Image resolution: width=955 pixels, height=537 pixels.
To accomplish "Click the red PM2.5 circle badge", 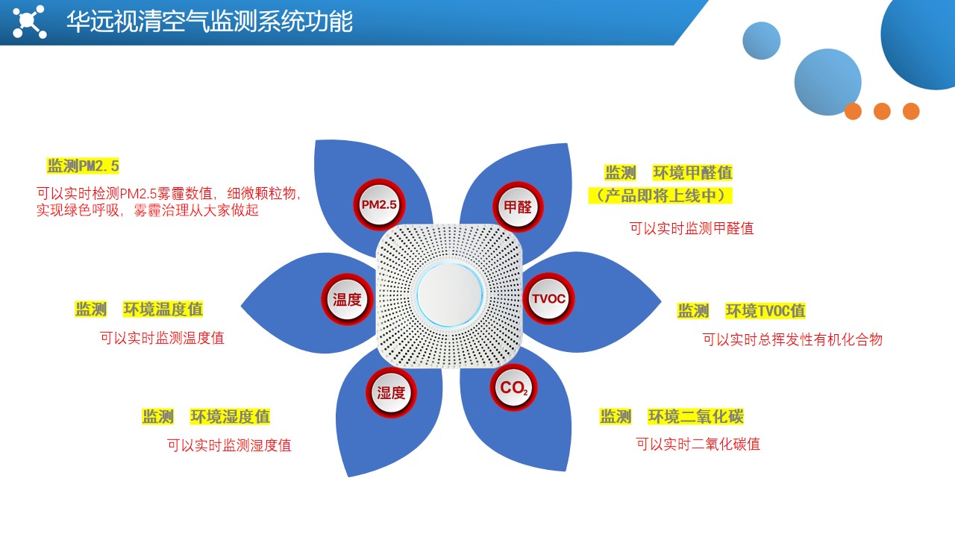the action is pyautogui.click(x=379, y=205).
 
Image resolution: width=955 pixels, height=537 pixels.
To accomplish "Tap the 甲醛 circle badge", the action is pyautogui.click(x=518, y=207).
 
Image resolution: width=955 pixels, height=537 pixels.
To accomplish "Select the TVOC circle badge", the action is pyautogui.click(x=548, y=298).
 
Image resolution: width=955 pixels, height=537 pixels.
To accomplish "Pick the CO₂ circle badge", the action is pyautogui.click(x=514, y=388).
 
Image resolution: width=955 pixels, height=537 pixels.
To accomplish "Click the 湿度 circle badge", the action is pyautogui.click(x=391, y=392).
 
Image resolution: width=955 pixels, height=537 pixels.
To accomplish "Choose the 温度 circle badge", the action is pyautogui.click(x=347, y=299).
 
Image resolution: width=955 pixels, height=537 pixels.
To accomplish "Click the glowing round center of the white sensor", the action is pyautogui.click(x=449, y=295).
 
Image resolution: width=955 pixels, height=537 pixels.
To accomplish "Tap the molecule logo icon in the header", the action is pyautogui.click(x=29, y=22).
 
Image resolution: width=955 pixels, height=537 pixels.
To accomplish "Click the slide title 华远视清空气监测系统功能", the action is pyautogui.click(x=210, y=22).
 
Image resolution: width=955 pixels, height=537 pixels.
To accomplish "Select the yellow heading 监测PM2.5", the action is pyautogui.click(x=83, y=166).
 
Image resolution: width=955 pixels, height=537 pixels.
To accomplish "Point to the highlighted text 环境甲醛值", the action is pyautogui.click(x=692, y=172).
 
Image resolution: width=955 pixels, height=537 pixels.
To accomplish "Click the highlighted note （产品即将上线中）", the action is pyautogui.click(x=660, y=195).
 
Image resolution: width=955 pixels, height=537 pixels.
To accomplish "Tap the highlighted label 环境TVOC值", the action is pyautogui.click(x=765, y=311).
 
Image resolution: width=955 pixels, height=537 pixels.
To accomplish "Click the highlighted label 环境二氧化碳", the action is pyautogui.click(x=696, y=416).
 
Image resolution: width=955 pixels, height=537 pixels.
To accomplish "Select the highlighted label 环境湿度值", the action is pyautogui.click(x=230, y=416).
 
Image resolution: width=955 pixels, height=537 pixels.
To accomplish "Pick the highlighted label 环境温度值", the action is pyautogui.click(x=163, y=309).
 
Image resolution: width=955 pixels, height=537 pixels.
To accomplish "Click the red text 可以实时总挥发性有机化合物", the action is pyautogui.click(x=792, y=339).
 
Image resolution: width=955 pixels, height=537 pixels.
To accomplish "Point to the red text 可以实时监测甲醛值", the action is pyautogui.click(x=692, y=228).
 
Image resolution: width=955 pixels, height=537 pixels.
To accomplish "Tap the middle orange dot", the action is pyautogui.click(x=882, y=111).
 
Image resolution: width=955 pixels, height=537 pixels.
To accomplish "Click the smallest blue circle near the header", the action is pyautogui.click(x=762, y=40).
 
